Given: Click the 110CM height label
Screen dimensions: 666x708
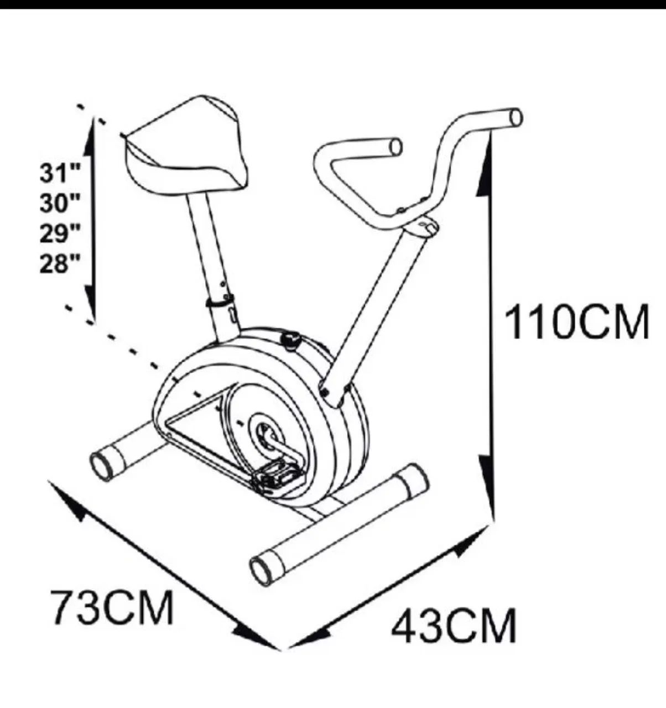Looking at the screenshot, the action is pos(576,322).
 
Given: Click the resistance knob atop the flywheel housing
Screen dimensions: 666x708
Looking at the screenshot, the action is pos(290,341).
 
